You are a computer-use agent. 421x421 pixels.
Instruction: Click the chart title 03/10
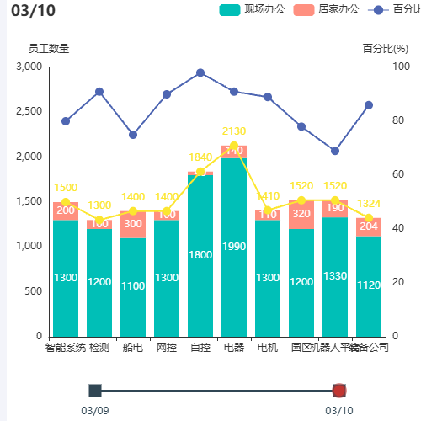coord(33,11)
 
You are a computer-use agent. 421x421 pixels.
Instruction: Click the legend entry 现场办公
coord(252,9)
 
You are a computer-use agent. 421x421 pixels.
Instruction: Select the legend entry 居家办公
coord(326,9)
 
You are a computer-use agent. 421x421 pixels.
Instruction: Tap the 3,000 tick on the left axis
coord(28,67)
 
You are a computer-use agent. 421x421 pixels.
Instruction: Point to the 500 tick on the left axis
coord(32,291)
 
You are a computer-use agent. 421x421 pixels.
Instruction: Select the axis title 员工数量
coord(49,48)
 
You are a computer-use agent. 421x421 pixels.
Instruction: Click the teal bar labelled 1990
coord(234,246)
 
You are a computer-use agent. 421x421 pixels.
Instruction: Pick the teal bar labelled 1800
coord(200,254)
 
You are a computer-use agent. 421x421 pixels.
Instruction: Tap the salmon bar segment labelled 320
coord(301,214)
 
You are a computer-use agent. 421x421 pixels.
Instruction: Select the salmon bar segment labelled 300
coord(133,224)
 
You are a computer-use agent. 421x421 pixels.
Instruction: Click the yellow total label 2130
coord(234,131)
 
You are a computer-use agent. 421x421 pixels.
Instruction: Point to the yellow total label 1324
coord(369,204)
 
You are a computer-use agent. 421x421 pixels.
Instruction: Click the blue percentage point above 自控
coord(200,72)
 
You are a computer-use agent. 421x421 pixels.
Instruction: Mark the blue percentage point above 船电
coord(133,135)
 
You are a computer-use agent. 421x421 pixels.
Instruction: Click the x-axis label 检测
coord(99,347)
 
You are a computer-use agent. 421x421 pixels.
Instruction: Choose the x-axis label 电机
coord(268,347)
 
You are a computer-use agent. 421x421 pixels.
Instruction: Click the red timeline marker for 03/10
coord(339,390)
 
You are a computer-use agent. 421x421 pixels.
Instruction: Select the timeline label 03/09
coord(94,410)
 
